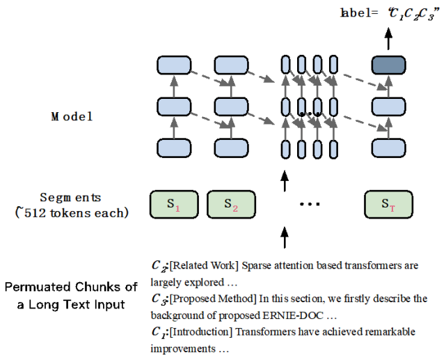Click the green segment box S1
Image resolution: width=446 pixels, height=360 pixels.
pyautogui.click(x=174, y=205)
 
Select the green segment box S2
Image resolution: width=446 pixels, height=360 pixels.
pyautogui.click(x=232, y=205)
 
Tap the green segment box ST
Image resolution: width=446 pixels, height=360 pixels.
pyautogui.click(x=388, y=205)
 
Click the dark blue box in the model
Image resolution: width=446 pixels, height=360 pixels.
pyautogui.click(x=388, y=65)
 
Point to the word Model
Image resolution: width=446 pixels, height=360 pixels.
pyautogui.click(x=71, y=116)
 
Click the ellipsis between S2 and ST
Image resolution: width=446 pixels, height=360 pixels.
pyautogui.click(x=309, y=205)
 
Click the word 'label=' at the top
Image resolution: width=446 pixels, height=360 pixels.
pyautogui.click(x=357, y=12)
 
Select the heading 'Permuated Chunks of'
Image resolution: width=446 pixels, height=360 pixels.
pyautogui.click(x=72, y=288)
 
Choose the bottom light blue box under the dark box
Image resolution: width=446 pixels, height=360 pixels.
pyautogui.click(x=388, y=148)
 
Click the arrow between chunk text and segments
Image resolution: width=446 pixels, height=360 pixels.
pyautogui.click(x=284, y=237)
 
